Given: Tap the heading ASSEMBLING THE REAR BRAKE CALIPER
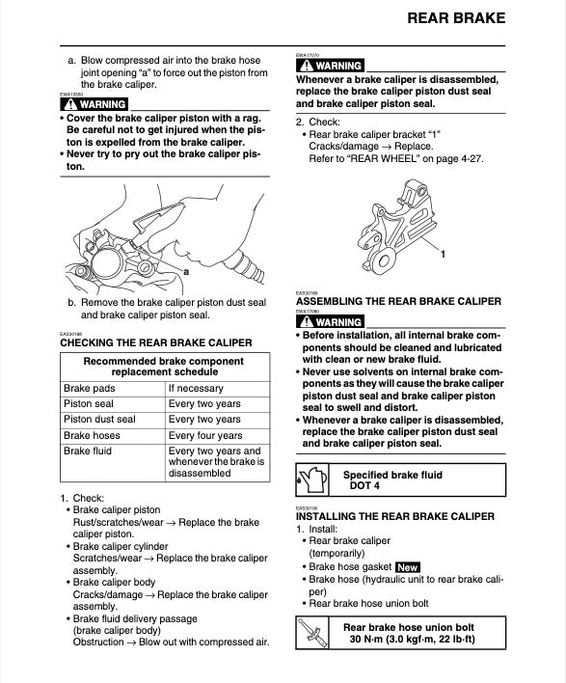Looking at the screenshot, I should (398, 302).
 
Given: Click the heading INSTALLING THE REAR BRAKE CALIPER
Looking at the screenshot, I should (394, 516).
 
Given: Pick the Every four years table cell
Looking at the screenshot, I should (204, 435).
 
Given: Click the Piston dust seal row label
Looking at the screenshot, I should (99, 420).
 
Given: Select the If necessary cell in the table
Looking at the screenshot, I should (196, 389).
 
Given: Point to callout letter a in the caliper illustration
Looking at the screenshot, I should (184, 272).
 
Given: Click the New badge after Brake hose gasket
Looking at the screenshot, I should (408, 567).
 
